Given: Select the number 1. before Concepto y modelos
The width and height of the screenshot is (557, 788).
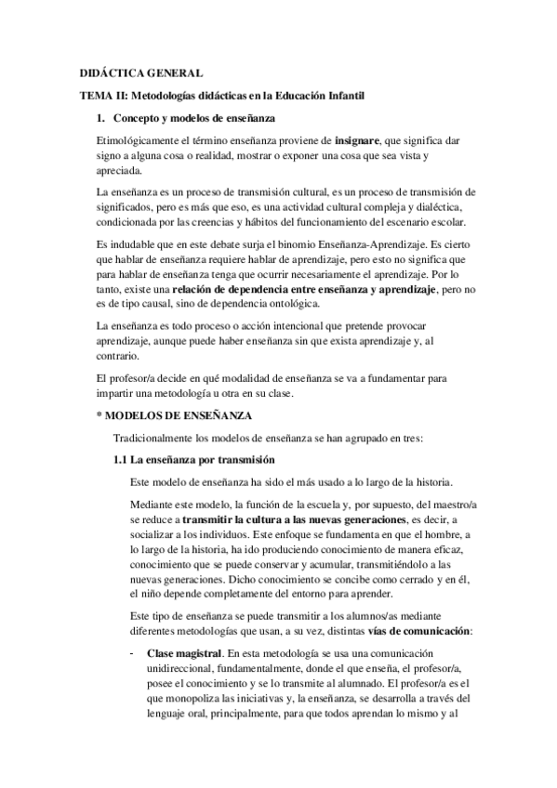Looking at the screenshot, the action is (x=101, y=117).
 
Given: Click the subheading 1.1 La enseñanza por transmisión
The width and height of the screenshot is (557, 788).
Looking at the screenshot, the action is (x=192, y=460).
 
